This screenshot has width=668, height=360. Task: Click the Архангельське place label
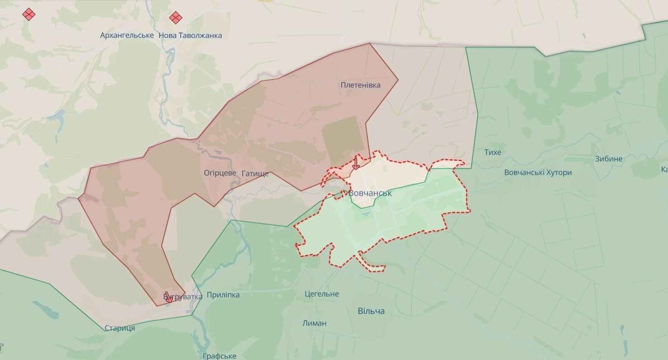[x=127, y=35]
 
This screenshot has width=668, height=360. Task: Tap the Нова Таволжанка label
[x=190, y=35]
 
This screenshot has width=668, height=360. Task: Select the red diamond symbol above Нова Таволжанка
[x=176, y=18]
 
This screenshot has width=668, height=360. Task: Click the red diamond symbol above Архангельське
[x=29, y=14]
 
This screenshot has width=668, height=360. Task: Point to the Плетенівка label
[x=360, y=85]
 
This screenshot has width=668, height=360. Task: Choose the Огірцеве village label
[x=220, y=173]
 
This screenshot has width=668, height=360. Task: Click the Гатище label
[x=255, y=173]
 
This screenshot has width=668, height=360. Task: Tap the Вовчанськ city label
[x=370, y=193]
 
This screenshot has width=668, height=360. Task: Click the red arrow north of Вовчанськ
[x=356, y=164]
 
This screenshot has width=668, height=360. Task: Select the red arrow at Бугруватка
[x=168, y=297]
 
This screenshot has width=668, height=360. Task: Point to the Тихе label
[x=493, y=152]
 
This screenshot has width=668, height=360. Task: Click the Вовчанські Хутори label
[x=538, y=173]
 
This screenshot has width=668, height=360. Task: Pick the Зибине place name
[x=609, y=159]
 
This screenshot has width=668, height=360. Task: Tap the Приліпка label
[x=223, y=295]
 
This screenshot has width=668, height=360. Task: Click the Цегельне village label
[x=322, y=294]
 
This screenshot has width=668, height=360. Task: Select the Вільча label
[x=371, y=311]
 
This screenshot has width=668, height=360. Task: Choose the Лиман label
[x=315, y=323]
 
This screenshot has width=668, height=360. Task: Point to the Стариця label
[x=120, y=328]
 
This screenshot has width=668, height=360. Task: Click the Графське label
[x=220, y=356]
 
